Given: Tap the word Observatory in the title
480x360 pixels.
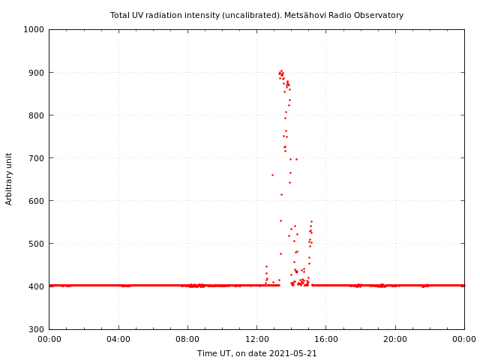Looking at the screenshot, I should pos(379,15).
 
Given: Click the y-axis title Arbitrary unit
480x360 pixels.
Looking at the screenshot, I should pos(9,178).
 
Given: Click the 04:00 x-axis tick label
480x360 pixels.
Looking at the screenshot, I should pos(118,339).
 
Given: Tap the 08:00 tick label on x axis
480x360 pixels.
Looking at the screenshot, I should pos(187,339).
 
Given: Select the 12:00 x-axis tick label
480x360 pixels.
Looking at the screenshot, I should pos(256,339).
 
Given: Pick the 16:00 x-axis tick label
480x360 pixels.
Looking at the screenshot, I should pos(326,339).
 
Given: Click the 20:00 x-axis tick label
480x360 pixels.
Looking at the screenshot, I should pos(395,339).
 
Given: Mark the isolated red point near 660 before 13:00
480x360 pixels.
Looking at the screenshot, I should pos(272,175).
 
